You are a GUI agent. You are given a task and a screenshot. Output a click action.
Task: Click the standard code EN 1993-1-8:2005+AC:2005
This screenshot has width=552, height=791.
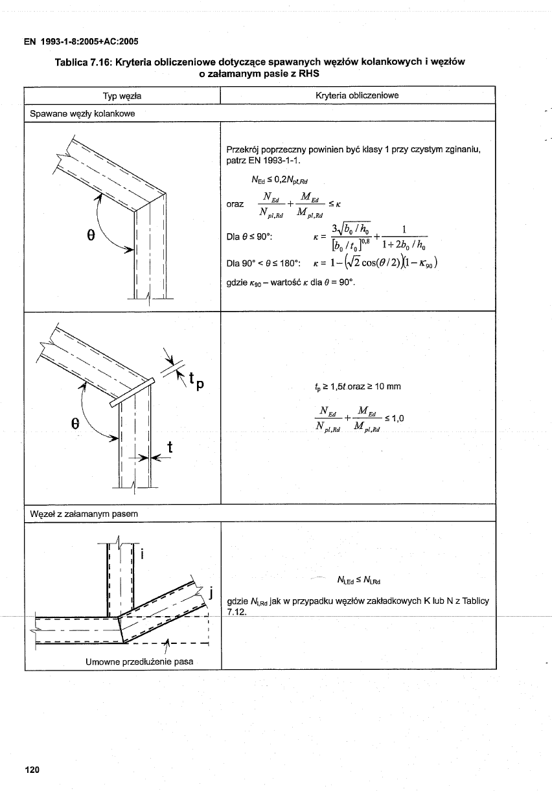(x=81, y=41)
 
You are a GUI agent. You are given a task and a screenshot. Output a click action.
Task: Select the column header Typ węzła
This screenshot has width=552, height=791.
(x=122, y=96)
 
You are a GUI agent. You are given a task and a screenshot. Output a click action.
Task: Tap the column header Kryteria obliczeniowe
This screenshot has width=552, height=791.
(x=357, y=95)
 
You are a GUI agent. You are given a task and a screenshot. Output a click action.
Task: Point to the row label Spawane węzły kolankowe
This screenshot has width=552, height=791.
(x=82, y=114)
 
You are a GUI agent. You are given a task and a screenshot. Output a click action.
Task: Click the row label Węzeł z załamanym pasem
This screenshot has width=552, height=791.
(x=84, y=514)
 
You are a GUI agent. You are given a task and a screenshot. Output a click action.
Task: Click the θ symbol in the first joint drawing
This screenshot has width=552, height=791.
(x=91, y=236)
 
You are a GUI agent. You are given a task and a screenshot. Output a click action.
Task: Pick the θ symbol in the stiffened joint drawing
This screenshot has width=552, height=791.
(x=75, y=424)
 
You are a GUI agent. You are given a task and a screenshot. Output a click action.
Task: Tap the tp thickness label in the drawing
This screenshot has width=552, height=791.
(x=196, y=381)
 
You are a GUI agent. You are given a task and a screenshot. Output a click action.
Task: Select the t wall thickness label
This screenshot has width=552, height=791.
(x=170, y=447)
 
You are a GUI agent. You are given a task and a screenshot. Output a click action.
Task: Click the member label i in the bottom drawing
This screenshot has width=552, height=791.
(x=142, y=554)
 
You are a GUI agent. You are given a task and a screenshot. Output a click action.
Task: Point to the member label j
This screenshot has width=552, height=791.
(x=211, y=592)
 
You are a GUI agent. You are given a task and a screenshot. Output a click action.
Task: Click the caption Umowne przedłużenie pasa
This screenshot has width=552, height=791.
(x=139, y=661)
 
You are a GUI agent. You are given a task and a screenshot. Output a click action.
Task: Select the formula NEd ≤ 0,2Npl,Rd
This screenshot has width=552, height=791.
(x=280, y=180)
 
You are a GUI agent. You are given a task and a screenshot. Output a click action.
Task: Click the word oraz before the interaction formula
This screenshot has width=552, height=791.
(x=235, y=204)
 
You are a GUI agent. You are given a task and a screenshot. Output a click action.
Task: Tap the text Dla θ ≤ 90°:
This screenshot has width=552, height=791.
(x=249, y=236)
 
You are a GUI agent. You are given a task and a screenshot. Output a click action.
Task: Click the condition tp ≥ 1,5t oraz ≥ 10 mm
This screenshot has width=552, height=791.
(x=358, y=387)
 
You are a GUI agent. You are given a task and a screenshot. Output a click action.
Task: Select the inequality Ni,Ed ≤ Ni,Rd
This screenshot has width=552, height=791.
(x=358, y=580)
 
